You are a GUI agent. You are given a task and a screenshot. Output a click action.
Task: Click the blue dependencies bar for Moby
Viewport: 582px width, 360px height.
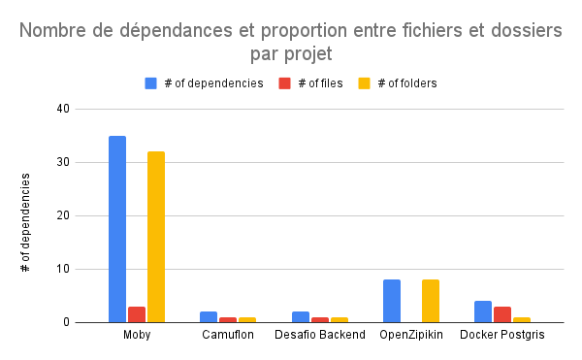(x=117, y=229)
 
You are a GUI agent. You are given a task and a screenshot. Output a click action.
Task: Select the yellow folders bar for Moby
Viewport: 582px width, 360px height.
(x=156, y=237)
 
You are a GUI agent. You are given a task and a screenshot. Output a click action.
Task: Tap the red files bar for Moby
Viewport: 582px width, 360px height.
(x=137, y=314)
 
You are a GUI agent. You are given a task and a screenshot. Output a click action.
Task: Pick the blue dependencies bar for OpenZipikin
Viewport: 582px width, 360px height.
(x=392, y=301)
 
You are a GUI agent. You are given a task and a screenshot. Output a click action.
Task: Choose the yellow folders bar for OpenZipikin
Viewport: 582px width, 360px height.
(x=431, y=301)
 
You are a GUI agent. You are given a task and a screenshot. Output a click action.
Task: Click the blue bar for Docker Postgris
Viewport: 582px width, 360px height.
(x=483, y=311)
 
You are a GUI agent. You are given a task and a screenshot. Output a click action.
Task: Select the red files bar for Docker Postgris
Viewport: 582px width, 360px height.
(x=502, y=314)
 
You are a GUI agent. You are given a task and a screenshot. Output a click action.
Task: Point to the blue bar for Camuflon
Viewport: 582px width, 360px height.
(x=209, y=317)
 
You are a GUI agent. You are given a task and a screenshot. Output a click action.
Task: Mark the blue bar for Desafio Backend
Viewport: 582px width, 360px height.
(x=301, y=317)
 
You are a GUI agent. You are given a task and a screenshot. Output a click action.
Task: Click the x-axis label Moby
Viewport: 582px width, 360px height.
(x=137, y=335)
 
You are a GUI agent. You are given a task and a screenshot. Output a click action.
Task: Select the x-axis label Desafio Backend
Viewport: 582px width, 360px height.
(x=320, y=335)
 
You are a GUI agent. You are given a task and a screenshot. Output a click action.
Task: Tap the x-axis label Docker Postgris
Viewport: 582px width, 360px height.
(x=502, y=335)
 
